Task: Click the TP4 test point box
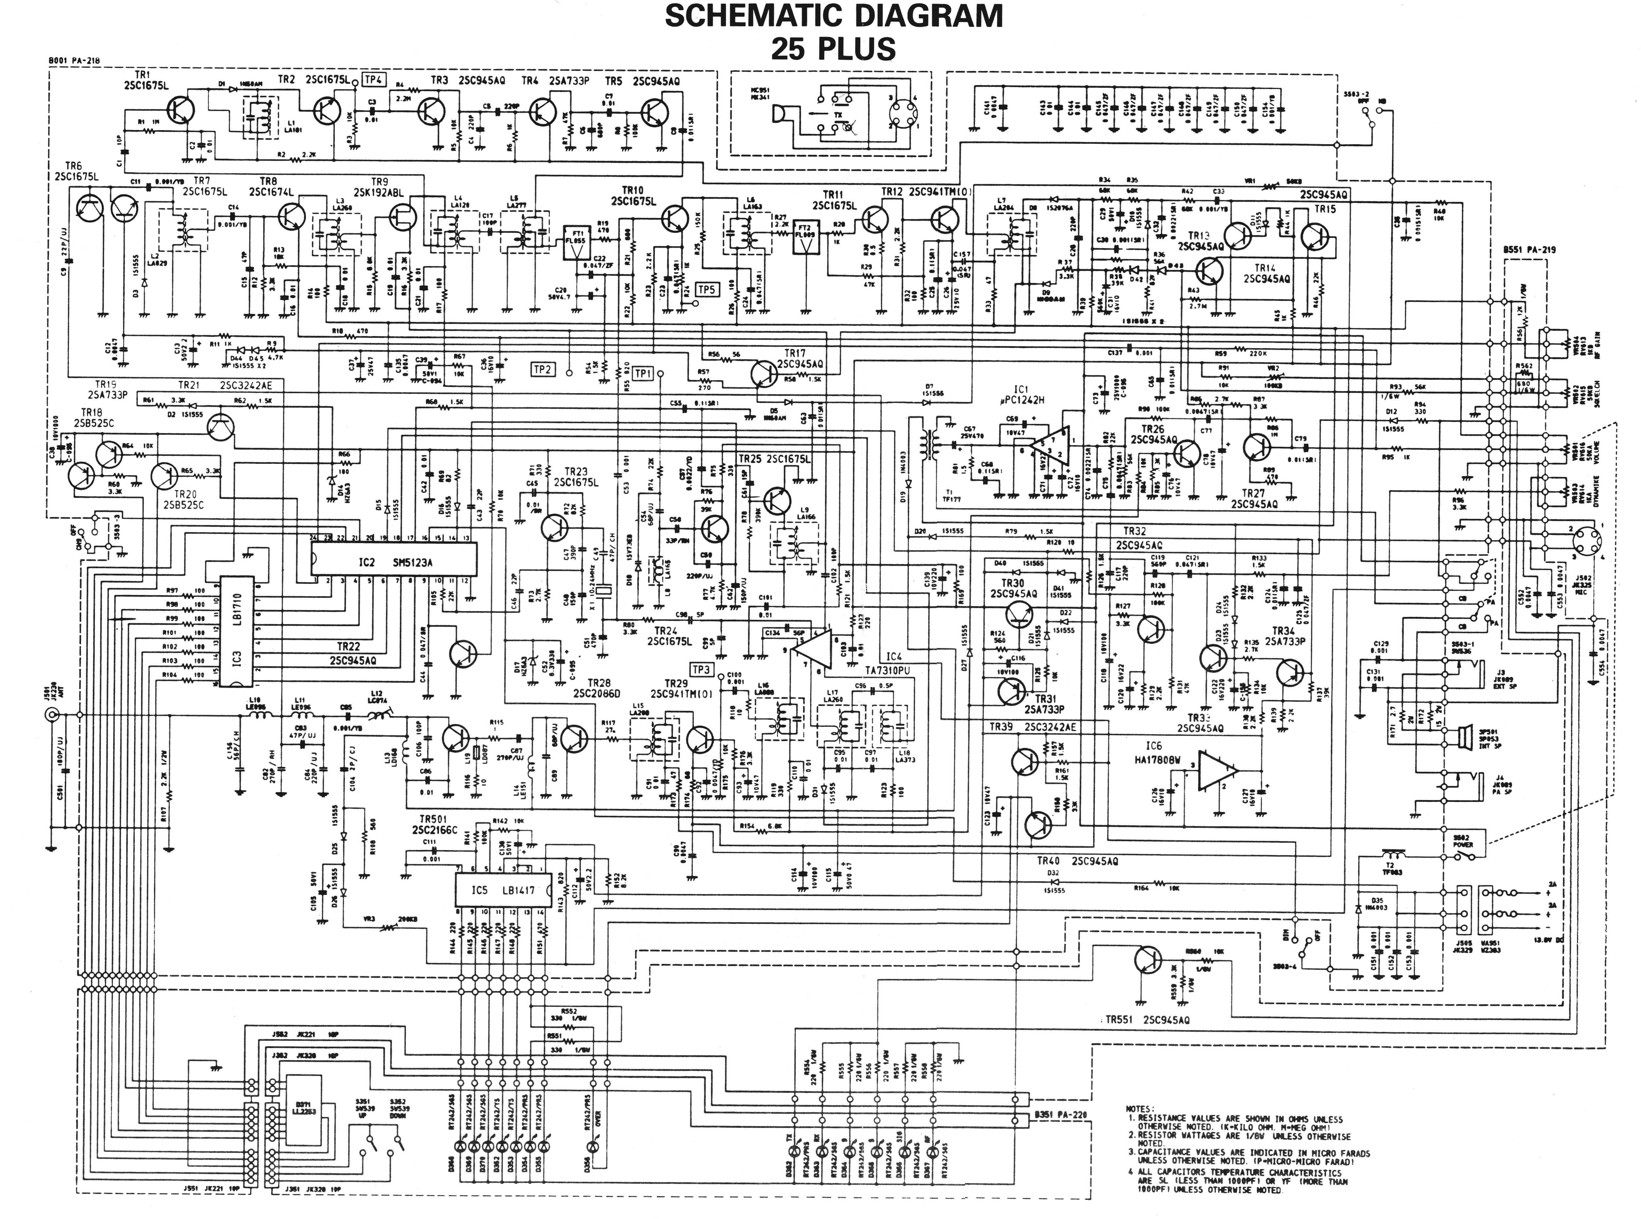pyautogui.click(x=374, y=79)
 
